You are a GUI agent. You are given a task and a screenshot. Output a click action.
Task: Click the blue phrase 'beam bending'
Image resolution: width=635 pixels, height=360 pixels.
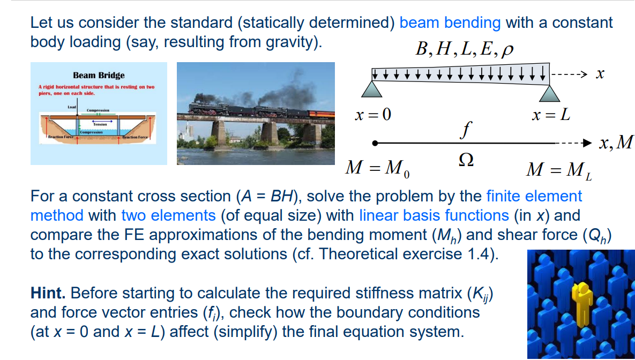pos(450,22)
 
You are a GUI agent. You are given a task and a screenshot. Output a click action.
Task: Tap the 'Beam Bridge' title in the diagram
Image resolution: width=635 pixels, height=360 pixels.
pos(99,76)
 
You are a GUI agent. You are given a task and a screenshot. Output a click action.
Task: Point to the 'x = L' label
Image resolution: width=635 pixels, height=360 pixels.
pos(550,114)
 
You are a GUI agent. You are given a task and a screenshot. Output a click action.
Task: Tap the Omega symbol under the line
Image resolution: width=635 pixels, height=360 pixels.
pos(467,160)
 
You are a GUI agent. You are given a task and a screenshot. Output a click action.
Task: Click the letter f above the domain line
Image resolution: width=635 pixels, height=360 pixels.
pos(468,129)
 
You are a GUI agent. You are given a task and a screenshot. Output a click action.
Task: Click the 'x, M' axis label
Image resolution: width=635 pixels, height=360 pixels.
pos(616,142)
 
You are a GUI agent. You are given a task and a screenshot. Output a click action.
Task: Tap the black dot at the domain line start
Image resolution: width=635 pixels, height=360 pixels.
pos(376,143)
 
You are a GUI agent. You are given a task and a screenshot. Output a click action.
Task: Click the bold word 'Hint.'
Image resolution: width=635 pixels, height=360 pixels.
pos(48,293)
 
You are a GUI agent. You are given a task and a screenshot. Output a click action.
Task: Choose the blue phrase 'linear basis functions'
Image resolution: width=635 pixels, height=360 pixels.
pos(434,215)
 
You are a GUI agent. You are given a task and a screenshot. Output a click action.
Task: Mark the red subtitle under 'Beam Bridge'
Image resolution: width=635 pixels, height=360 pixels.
pos(96,89)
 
